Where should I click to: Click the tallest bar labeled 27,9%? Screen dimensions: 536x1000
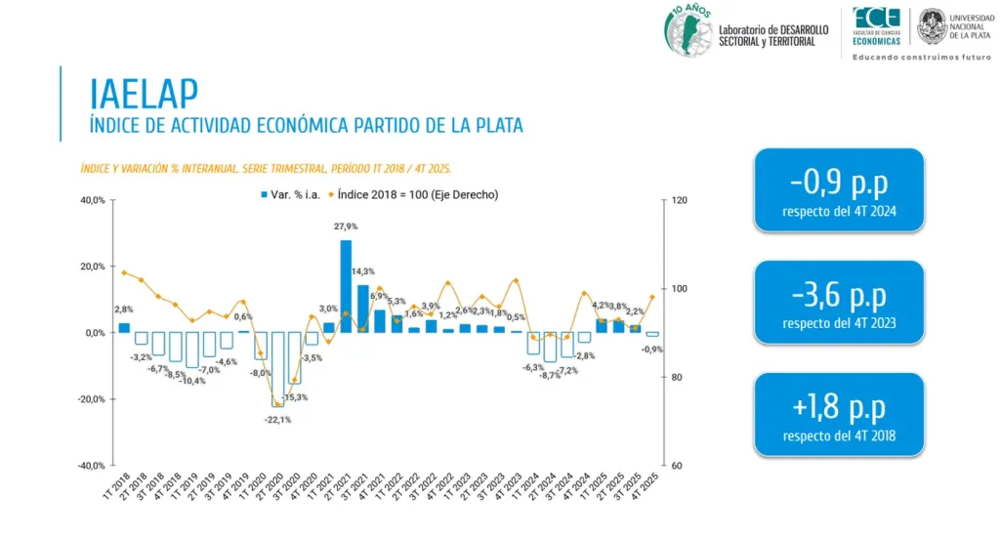(346, 285)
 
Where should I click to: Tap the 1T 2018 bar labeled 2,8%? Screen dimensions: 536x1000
(124, 327)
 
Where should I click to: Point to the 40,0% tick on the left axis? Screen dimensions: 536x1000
(92, 200)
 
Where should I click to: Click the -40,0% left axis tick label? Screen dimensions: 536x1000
(90, 466)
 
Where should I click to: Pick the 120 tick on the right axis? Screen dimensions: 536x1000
(680, 200)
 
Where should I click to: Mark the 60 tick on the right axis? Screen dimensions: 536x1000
(677, 466)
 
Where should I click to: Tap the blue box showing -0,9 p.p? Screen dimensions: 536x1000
(839, 190)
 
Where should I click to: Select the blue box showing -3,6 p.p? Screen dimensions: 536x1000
(839, 302)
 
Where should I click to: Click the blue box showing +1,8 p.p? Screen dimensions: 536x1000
(839, 414)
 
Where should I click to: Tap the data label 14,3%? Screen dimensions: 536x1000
(362, 271)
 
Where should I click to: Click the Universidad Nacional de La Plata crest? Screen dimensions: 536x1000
(932, 25)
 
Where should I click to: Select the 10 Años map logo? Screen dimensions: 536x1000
(687, 29)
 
